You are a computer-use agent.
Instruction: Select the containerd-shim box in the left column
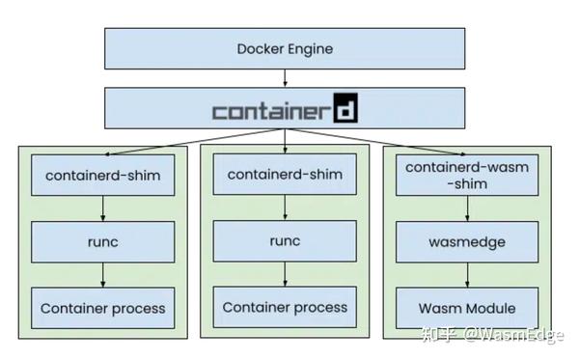[x=103, y=176]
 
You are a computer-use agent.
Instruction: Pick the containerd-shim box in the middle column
[x=285, y=175]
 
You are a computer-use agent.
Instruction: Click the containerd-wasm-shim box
[x=467, y=176]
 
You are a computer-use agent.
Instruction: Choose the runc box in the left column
[x=103, y=242]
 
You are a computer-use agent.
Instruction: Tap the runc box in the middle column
[x=285, y=241]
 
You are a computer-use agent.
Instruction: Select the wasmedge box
[x=467, y=242]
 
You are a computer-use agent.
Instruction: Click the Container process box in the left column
[x=103, y=309]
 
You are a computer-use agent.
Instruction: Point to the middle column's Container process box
[x=285, y=307]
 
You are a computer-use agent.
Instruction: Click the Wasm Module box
[x=467, y=309]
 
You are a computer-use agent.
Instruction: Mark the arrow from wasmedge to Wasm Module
[x=467, y=275]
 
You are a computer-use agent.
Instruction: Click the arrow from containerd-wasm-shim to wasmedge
[x=467, y=209]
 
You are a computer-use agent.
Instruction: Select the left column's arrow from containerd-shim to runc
[x=103, y=209]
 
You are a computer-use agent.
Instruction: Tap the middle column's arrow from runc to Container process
[x=285, y=274]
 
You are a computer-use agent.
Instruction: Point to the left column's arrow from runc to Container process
[x=103, y=275]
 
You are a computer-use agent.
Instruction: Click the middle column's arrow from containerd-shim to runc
[x=285, y=208]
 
